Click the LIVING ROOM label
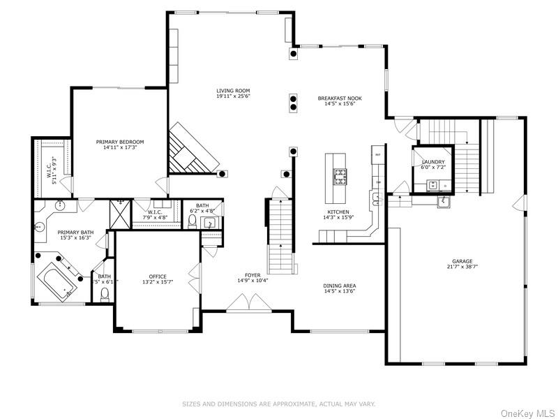tap(233, 91)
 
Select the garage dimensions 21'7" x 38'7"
tap(462, 266)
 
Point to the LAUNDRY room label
tap(433, 161)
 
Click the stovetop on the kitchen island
tap(340, 177)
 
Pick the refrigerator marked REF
tap(377, 156)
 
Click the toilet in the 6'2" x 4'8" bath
tap(193, 221)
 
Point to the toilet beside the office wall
tap(105, 296)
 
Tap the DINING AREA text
tap(339, 286)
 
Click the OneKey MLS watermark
tap(527, 413)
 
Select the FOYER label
tap(252, 275)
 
